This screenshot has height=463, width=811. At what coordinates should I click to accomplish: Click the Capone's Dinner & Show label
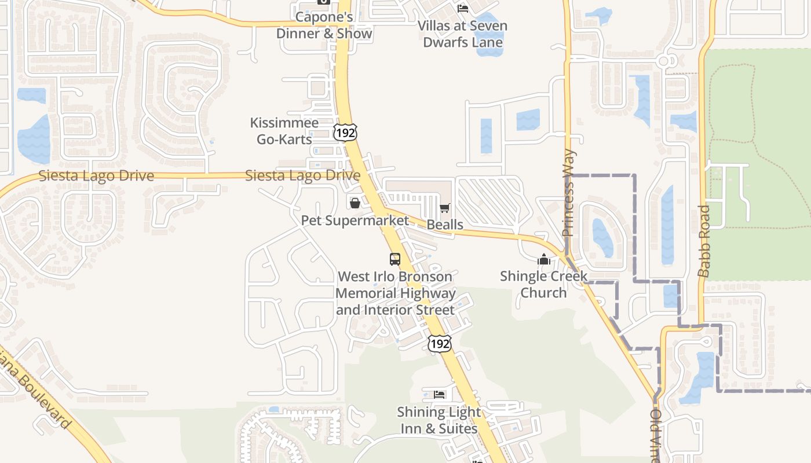click(324, 25)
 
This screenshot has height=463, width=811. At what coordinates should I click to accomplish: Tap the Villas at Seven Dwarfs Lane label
click(462, 34)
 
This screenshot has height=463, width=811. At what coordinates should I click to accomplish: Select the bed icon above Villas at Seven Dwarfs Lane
click(463, 8)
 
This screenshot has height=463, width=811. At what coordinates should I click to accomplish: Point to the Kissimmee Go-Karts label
click(284, 131)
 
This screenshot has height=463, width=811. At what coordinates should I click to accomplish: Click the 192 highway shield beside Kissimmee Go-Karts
click(345, 133)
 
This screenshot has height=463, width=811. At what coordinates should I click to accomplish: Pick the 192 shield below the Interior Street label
click(439, 344)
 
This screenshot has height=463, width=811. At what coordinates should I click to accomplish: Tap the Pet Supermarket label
click(355, 221)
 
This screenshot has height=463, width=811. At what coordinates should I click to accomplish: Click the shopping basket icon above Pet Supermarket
click(355, 203)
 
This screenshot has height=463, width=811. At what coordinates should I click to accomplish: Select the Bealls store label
click(445, 225)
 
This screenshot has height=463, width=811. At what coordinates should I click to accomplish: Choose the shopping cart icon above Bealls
click(445, 208)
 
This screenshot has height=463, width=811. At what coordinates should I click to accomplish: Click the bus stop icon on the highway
click(395, 259)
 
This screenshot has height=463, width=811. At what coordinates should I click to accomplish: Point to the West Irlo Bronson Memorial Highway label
click(395, 293)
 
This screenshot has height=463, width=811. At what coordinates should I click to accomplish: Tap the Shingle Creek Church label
click(543, 284)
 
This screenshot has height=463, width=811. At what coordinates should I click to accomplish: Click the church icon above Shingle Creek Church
click(543, 259)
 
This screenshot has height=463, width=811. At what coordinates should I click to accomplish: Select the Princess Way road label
click(569, 193)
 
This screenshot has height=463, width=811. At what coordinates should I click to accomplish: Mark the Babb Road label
click(704, 241)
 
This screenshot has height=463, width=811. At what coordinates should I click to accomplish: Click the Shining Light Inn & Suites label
click(439, 420)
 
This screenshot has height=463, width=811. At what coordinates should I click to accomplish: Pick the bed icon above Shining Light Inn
click(440, 395)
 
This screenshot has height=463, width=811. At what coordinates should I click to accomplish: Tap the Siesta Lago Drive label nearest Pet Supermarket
click(302, 175)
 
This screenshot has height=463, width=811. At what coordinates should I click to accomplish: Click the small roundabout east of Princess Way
click(665, 60)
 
